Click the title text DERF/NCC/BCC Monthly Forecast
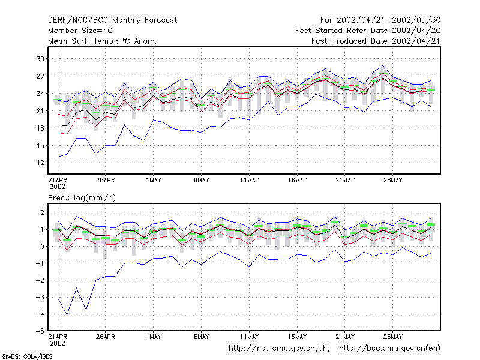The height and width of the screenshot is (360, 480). point(112,20)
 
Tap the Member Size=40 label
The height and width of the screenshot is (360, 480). point(80,31)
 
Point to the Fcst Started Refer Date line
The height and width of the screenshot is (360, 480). point(368,31)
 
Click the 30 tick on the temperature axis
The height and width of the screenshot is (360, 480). point(40,58)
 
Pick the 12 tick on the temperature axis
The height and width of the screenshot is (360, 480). point(40,163)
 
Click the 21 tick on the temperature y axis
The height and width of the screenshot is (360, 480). point(40,111)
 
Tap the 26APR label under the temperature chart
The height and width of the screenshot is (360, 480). point(106,181)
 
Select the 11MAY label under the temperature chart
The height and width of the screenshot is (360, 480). point(249,181)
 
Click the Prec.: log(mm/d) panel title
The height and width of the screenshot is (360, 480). point(82,198)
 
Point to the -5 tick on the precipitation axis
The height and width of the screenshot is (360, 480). point(40,331)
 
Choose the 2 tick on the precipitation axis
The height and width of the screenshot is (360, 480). point(42,212)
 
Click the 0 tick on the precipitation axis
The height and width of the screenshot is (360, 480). point(42,246)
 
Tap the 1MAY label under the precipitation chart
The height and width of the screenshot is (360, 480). point(154,337)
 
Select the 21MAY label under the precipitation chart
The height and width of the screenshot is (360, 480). point(345,337)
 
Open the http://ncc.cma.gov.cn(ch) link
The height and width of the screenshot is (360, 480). point(279,349)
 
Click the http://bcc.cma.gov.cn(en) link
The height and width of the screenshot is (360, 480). point(389,349)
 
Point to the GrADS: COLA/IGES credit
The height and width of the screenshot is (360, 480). point(27,356)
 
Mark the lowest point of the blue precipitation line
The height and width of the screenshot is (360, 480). point(67,314)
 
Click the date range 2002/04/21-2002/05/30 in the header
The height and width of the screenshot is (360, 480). point(389,20)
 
